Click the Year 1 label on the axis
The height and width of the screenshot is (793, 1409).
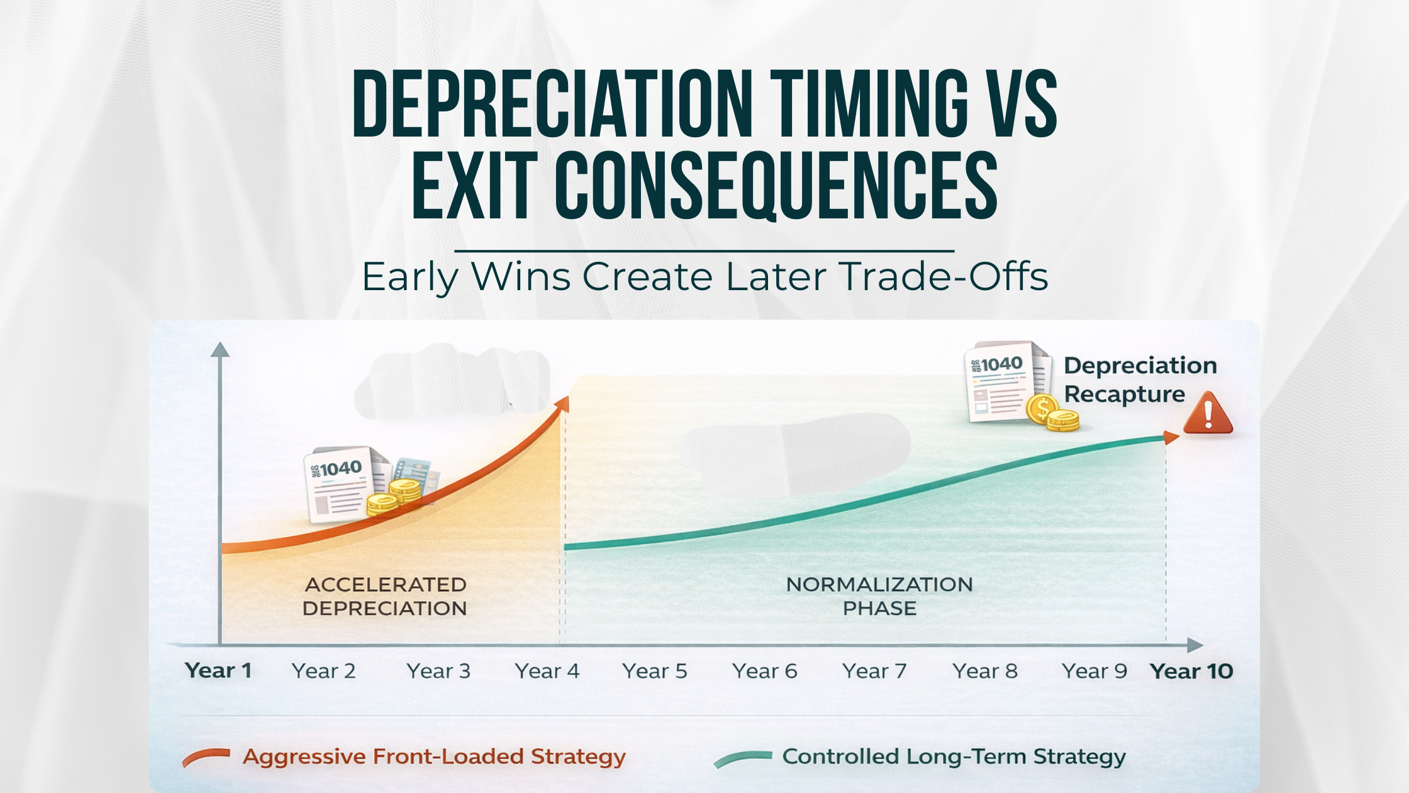coord(218,671)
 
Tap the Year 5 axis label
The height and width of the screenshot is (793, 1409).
coord(654,672)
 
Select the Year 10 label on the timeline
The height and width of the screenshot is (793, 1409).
coord(1191,672)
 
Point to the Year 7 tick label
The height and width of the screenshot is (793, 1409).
coord(874,672)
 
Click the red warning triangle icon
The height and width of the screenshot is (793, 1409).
coord(1208,414)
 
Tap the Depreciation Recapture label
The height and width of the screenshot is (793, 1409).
coord(1139,380)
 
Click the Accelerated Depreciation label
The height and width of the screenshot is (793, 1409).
coord(385,596)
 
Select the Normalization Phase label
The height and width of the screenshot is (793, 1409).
coord(879,596)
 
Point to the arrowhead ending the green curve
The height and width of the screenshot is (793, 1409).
coord(1171,437)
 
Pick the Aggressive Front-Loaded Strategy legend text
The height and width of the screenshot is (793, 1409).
coord(434,756)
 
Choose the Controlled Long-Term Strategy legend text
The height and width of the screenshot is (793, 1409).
coord(954,756)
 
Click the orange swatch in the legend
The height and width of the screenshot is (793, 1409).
coord(206,757)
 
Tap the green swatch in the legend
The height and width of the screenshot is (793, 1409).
coord(743,758)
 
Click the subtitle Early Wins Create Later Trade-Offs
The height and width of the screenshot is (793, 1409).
coord(704,276)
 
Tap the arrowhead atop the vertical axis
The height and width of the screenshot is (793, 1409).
coord(220,350)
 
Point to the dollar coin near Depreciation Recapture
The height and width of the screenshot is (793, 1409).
coord(1042,409)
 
